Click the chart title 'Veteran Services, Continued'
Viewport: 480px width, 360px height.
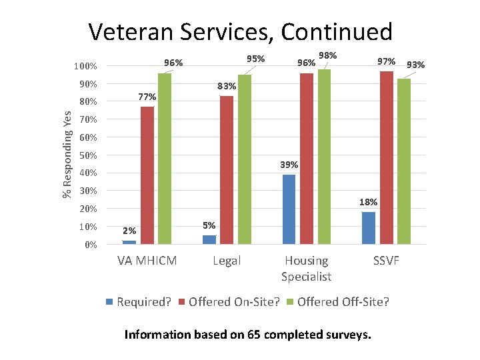click(x=240, y=31)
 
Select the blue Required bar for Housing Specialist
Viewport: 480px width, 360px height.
click(x=289, y=209)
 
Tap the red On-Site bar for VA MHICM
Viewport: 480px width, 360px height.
click(x=147, y=175)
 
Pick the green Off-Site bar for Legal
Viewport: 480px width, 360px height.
click(x=245, y=159)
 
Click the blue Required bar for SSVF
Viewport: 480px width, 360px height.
click(x=369, y=228)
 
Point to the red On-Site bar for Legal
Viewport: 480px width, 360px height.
click(x=227, y=170)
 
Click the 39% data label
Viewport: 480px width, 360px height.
click(x=289, y=165)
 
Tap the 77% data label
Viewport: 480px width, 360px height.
click(x=147, y=97)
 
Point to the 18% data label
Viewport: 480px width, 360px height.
click(x=368, y=202)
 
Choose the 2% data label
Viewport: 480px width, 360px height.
click(x=129, y=231)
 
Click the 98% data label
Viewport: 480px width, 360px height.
click(x=327, y=55)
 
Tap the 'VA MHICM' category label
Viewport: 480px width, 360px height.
click(x=147, y=261)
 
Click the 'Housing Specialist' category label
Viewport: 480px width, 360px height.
click(x=306, y=268)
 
